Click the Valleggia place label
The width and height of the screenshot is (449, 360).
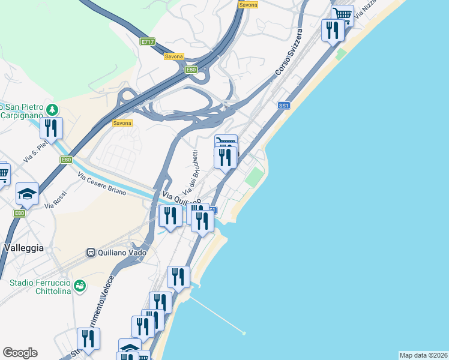point(23,247)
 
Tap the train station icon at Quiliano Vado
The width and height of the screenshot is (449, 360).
point(91,253)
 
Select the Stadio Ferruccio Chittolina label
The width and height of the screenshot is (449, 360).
point(40,287)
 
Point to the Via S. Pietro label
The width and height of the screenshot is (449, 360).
point(35,154)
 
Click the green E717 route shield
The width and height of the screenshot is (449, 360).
point(148,42)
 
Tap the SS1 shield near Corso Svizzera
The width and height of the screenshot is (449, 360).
point(284,105)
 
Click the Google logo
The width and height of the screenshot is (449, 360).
point(20,353)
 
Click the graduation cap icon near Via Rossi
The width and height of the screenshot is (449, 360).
point(27,193)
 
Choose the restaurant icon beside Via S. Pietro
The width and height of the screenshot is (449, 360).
point(52,128)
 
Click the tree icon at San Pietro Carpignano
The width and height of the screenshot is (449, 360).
point(53,110)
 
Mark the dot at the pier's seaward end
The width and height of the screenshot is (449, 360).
point(244,333)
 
